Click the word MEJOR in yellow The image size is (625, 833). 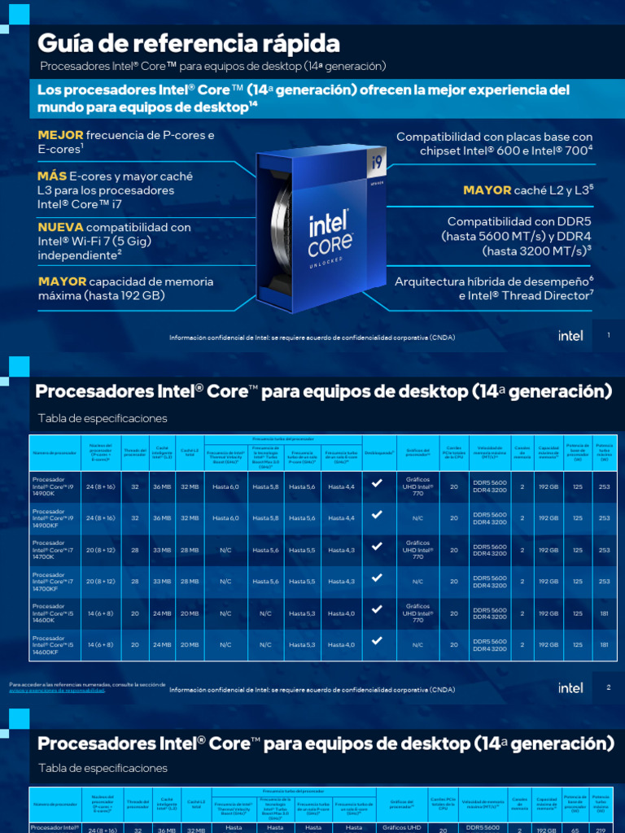coord(60,135)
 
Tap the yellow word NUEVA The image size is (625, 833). coord(60,227)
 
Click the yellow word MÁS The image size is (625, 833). coord(52,176)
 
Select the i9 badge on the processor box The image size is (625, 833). coord(378,162)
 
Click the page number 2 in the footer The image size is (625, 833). coord(608,687)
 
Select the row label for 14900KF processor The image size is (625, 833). coord(54,517)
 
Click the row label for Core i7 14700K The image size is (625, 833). coord(54,550)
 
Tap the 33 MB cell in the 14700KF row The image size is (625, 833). coord(161,582)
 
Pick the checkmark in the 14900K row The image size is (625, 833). coord(377,483)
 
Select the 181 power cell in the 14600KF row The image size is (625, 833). coord(604,645)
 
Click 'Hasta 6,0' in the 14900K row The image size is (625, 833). coord(225,486)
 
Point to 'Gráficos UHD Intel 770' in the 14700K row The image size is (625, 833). coord(417,550)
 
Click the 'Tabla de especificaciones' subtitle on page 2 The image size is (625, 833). coord(103,418)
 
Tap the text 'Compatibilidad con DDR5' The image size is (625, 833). coord(519,221)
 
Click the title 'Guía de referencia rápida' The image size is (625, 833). coord(189,42)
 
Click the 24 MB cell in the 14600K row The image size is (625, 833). coord(161,613)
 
